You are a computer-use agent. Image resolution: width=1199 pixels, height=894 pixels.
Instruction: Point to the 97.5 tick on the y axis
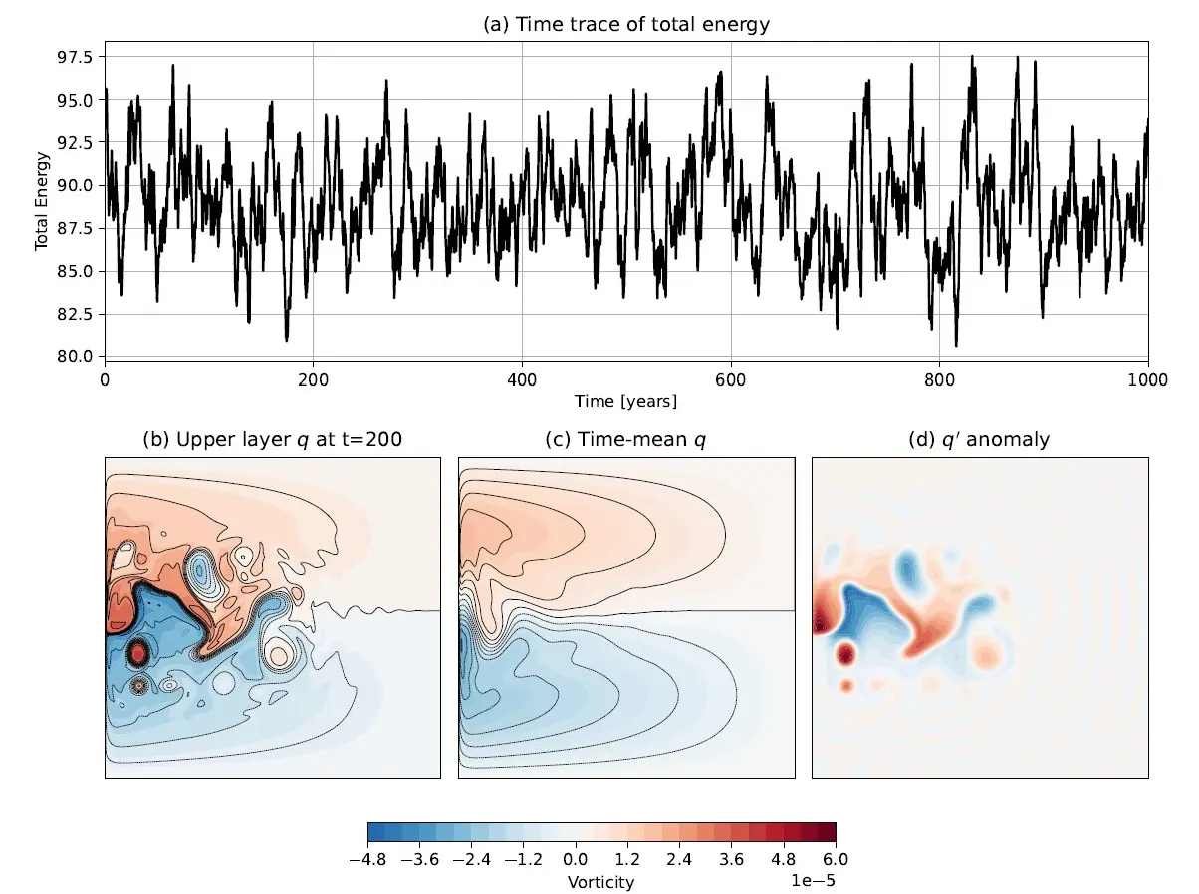pyautogui.click(x=77, y=58)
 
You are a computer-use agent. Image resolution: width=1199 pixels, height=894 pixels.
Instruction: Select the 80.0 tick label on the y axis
pyautogui.click(x=77, y=356)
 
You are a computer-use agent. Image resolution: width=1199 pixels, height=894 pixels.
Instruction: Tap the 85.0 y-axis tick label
pyautogui.click(x=77, y=271)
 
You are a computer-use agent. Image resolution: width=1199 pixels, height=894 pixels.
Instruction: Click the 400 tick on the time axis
pyautogui.click(x=522, y=379)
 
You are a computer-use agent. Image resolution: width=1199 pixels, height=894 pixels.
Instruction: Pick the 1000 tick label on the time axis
pyautogui.click(x=1148, y=379)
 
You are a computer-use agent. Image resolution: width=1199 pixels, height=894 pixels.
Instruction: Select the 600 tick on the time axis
pyautogui.click(x=731, y=379)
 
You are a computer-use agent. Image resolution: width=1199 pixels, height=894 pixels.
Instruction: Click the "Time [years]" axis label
pyautogui.click(x=625, y=401)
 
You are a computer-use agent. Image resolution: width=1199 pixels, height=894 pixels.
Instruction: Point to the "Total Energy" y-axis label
pyautogui.click(x=42, y=200)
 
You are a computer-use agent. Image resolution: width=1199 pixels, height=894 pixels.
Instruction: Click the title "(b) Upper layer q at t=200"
pyautogui.click(x=273, y=439)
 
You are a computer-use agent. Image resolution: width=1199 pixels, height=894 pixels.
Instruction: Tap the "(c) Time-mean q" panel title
pyautogui.click(x=625, y=439)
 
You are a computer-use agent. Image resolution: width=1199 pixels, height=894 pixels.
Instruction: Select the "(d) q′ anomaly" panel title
pyautogui.click(x=980, y=439)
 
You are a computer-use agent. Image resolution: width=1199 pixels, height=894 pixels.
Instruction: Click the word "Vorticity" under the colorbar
pyautogui.click(x=600, y=882)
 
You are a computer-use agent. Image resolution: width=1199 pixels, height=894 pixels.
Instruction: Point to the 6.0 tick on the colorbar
pyautogui.click(x=835, y=858)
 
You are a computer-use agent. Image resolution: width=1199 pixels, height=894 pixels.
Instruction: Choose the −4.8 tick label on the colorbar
pyautogui.click(x=367, y=858)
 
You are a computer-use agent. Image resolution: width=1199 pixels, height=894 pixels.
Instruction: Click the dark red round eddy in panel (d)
pyautogui.click(x=846, y=654)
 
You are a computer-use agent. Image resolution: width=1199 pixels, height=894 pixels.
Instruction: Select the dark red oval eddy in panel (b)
pyautogui.click(x=138, y=653)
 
